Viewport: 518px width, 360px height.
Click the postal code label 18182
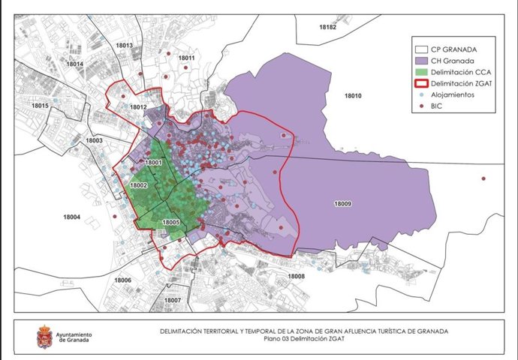(327, 26)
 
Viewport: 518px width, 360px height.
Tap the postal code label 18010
(352, 96)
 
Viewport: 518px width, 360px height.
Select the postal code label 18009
(342, 203)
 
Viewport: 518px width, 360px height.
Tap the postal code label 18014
(75, 64)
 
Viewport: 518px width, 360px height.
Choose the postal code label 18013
(124, 46)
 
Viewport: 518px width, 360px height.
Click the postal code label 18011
(186, 58)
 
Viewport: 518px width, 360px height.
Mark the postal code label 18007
(172, 300)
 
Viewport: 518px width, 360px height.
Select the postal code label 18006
(122, 280)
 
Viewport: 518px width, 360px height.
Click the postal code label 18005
(170, 223)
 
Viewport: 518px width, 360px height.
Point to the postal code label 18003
(95, 140)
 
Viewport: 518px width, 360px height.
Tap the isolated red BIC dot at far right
(483, 178)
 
